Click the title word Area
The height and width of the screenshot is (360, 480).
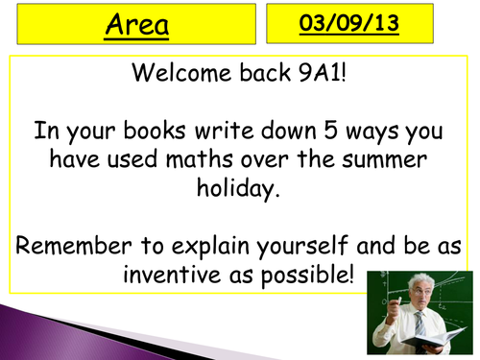coord(136,26)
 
